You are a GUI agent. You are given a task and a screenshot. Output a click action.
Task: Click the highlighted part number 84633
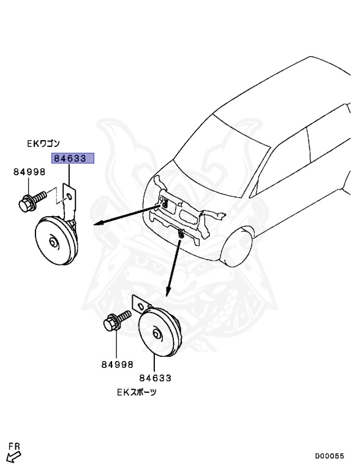click(73, 159)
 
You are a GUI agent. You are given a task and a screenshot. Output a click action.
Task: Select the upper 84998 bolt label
click(29, 173)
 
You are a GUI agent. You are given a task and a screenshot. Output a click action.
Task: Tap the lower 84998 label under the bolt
click(117, 364)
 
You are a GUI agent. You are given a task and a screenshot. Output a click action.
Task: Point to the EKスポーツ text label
click(137, 392)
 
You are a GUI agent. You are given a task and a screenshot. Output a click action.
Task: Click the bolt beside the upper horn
click(32, 201)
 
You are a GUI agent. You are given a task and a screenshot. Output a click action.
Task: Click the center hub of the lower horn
click(157, 334)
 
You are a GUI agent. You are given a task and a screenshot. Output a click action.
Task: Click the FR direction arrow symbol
click(12, 457)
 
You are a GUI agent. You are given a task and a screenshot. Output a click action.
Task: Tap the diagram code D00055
click(329, 455)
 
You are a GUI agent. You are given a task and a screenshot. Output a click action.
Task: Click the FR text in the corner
click(14, 447)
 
